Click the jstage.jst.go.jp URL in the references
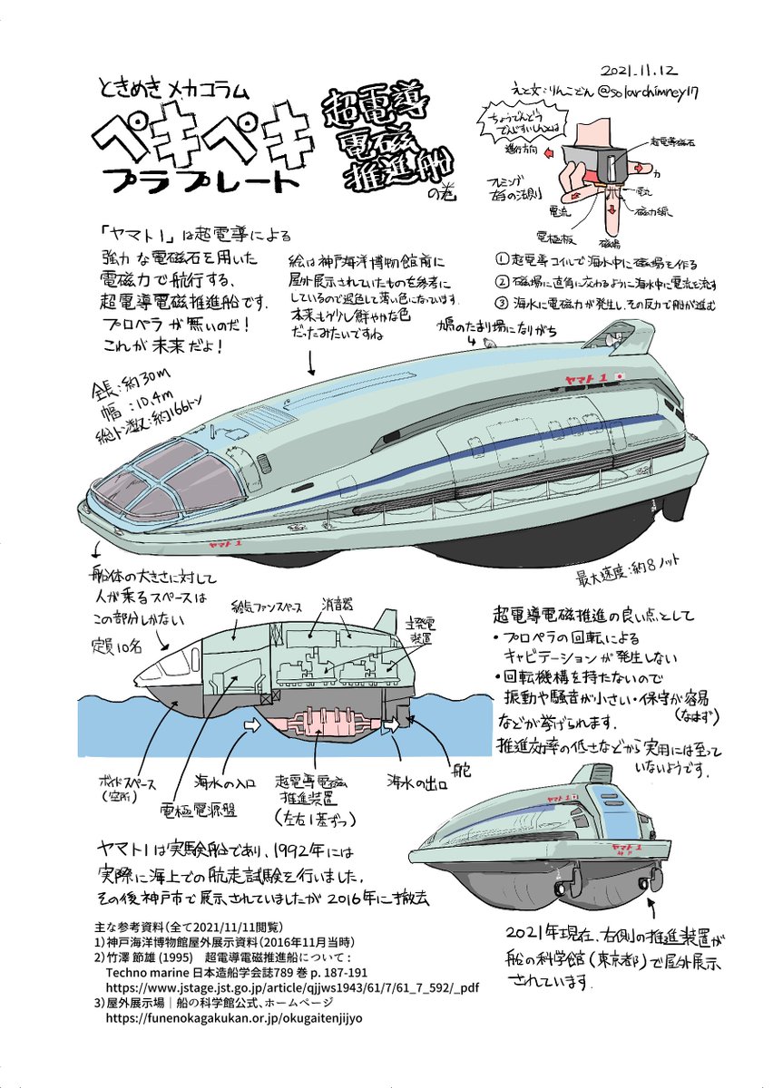305,986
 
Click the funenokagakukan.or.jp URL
235,1017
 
